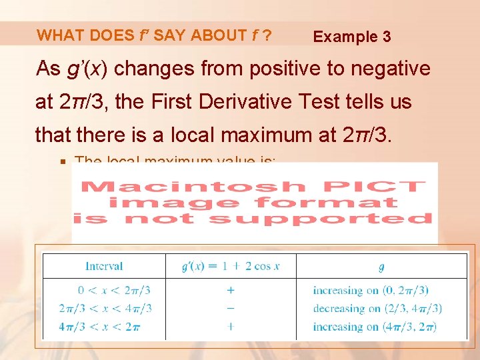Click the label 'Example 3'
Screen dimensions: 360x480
(x=352, y=37)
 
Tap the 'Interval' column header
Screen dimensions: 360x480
(x=104, y=266)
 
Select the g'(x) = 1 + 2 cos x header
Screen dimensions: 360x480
(x=230, y=266)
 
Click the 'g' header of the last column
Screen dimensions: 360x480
(x=381, y=267)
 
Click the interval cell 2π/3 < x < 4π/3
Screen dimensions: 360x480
(x=105, y=309)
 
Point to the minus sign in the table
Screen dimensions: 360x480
(x=230, y=309)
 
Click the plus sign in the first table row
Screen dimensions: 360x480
(x=230, y=291)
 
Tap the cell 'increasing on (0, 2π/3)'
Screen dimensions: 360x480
(x=371, y=291)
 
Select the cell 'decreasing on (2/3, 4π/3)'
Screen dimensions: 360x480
(x=377, y=309)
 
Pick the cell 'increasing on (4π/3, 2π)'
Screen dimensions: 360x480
(x=375, y=327)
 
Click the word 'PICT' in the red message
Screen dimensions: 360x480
(x=387, y=186)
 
